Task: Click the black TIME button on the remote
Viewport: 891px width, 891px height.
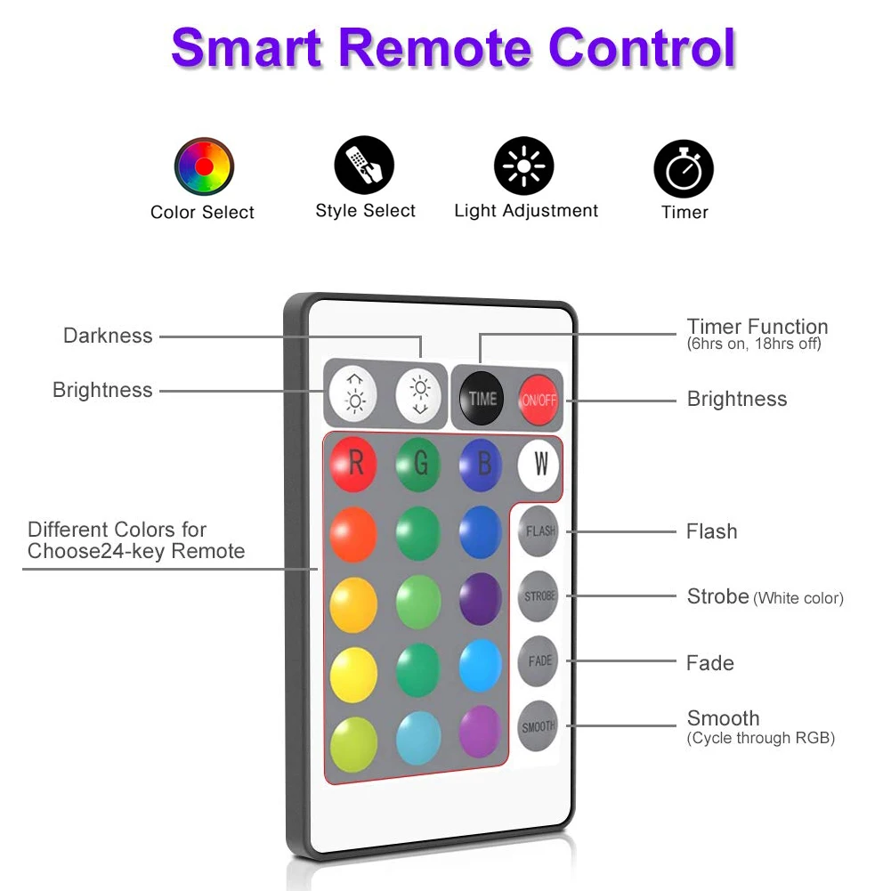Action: tap(482, 399)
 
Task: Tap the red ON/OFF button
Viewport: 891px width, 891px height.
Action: tap(539, 400)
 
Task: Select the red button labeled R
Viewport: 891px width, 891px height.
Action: tap(353, 464)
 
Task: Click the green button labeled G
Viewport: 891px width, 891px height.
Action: tap(418, 464)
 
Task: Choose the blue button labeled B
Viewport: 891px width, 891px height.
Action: tap(482, 464)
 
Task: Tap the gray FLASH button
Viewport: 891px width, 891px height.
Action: tap(539, 531)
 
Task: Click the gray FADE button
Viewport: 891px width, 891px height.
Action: tap(539, 661)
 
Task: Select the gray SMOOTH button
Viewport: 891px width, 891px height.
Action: tap(538, 727)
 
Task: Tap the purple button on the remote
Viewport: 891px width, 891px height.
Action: tap(481, 599)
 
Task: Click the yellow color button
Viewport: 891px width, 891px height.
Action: tap(353, 669)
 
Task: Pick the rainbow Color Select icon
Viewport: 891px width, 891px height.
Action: tap(204, 167)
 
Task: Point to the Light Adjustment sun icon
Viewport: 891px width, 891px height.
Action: tap(524, 166)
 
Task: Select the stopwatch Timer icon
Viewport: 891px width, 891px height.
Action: tap(684, 169)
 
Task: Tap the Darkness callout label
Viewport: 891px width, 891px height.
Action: tap(108, 336)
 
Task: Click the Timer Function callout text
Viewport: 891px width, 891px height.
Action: tap(757, 327)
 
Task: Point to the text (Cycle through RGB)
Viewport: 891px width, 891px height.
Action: tap(760, 738)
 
